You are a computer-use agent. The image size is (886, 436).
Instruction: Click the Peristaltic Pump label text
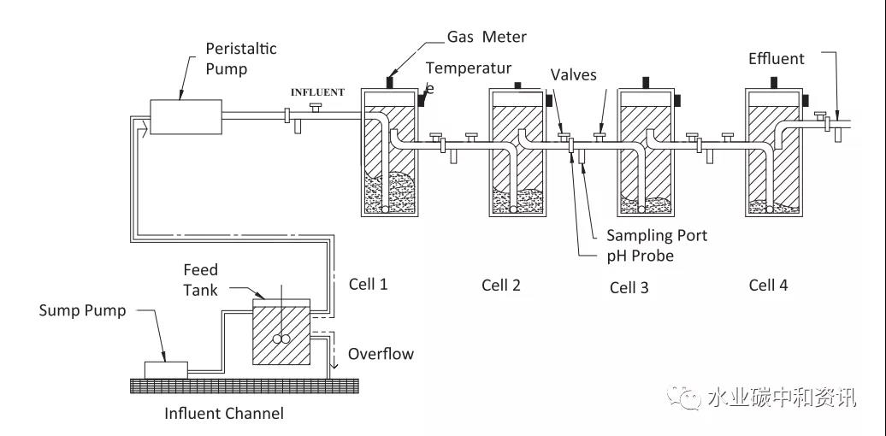tap(240, 58)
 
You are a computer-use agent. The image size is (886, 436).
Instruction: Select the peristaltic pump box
tap(186, 115)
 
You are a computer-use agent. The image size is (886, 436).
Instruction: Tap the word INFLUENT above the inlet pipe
tap(317, 92)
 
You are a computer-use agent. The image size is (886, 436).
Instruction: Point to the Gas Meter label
tap(487, 37)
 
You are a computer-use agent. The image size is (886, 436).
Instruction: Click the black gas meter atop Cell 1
tap(389, 82)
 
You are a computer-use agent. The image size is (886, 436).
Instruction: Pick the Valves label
tap(574, 74)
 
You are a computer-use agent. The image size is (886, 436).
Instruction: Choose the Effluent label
tap(776, 59)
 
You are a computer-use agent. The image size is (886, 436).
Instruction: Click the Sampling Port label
tap(657, 235)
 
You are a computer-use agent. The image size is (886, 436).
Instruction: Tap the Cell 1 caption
tap(368, 284)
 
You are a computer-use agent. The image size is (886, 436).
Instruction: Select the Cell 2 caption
tap(500, 285)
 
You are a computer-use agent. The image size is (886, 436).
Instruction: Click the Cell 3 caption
tap(629, 287)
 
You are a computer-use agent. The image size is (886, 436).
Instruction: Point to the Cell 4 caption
tap(768, 285)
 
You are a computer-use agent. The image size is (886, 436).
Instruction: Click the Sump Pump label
tap(82, 310)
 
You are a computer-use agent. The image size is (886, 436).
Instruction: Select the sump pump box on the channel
tap(166, 369)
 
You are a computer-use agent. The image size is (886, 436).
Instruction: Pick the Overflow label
tap(381, 353)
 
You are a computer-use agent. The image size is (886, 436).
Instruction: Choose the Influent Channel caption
tap(223, 414)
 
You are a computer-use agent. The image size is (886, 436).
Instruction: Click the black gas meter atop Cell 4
tap(775, 82)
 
